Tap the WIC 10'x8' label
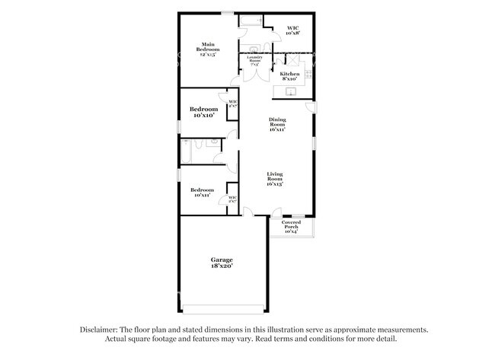tap(292, 31)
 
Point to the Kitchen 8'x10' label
tap(289, 76)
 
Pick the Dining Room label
tap(276, 124)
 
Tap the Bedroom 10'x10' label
tap(204, 112)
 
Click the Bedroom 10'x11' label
tap(202, 193)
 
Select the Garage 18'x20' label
tap(222, 263)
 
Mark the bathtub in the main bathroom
tap(251, 21)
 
